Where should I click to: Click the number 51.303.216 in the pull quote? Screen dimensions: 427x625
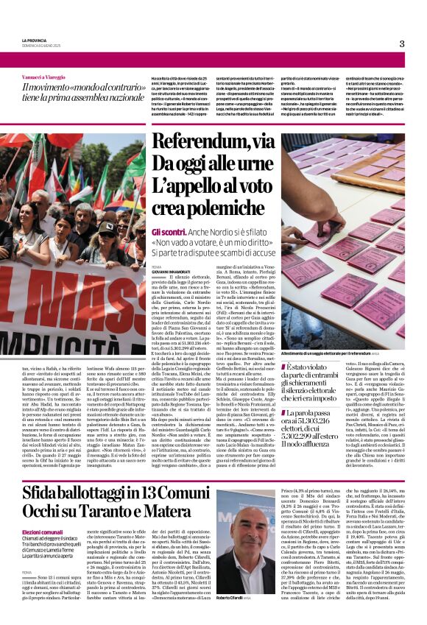[336, 417]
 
